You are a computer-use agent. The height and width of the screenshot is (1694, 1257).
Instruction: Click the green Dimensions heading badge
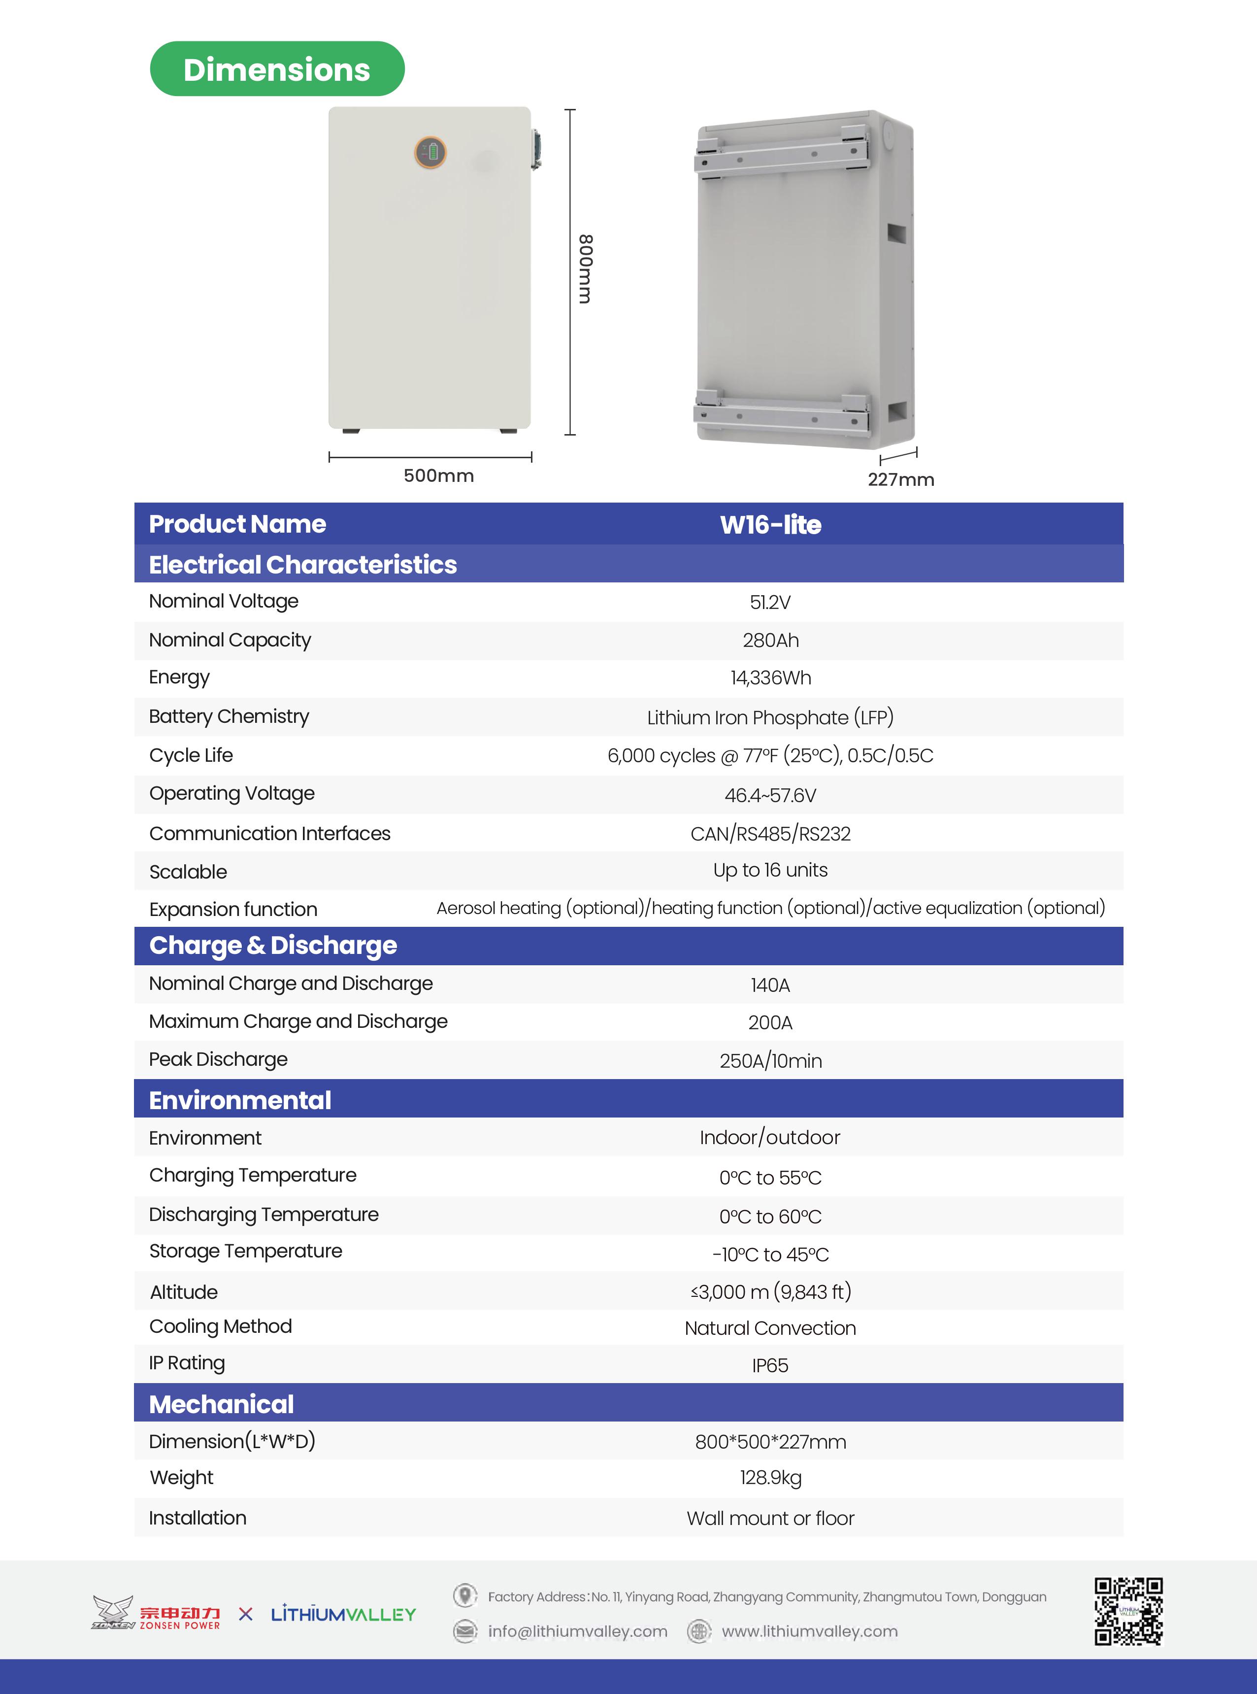277,69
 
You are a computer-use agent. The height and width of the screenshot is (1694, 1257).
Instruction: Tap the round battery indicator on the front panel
430,152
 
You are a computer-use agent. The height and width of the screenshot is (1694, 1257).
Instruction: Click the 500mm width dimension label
438,475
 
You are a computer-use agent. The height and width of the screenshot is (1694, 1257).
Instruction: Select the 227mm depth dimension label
901,479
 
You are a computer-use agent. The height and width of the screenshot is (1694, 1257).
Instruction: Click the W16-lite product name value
770,524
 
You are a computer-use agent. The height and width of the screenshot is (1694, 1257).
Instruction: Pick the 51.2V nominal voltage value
770,603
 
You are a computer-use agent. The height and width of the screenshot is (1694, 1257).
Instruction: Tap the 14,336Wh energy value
770,678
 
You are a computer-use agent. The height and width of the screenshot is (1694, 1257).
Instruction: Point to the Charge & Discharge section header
273,945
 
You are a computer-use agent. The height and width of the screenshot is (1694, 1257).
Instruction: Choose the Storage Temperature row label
246,1251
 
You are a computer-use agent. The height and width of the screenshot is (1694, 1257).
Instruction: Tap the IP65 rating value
770,1365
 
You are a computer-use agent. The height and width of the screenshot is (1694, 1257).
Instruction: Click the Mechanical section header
222,1404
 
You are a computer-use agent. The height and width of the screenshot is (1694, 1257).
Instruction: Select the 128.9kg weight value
770,1478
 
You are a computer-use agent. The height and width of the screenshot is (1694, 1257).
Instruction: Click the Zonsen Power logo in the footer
156,1613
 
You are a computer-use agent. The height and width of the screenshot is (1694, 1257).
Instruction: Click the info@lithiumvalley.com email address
577,1631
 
